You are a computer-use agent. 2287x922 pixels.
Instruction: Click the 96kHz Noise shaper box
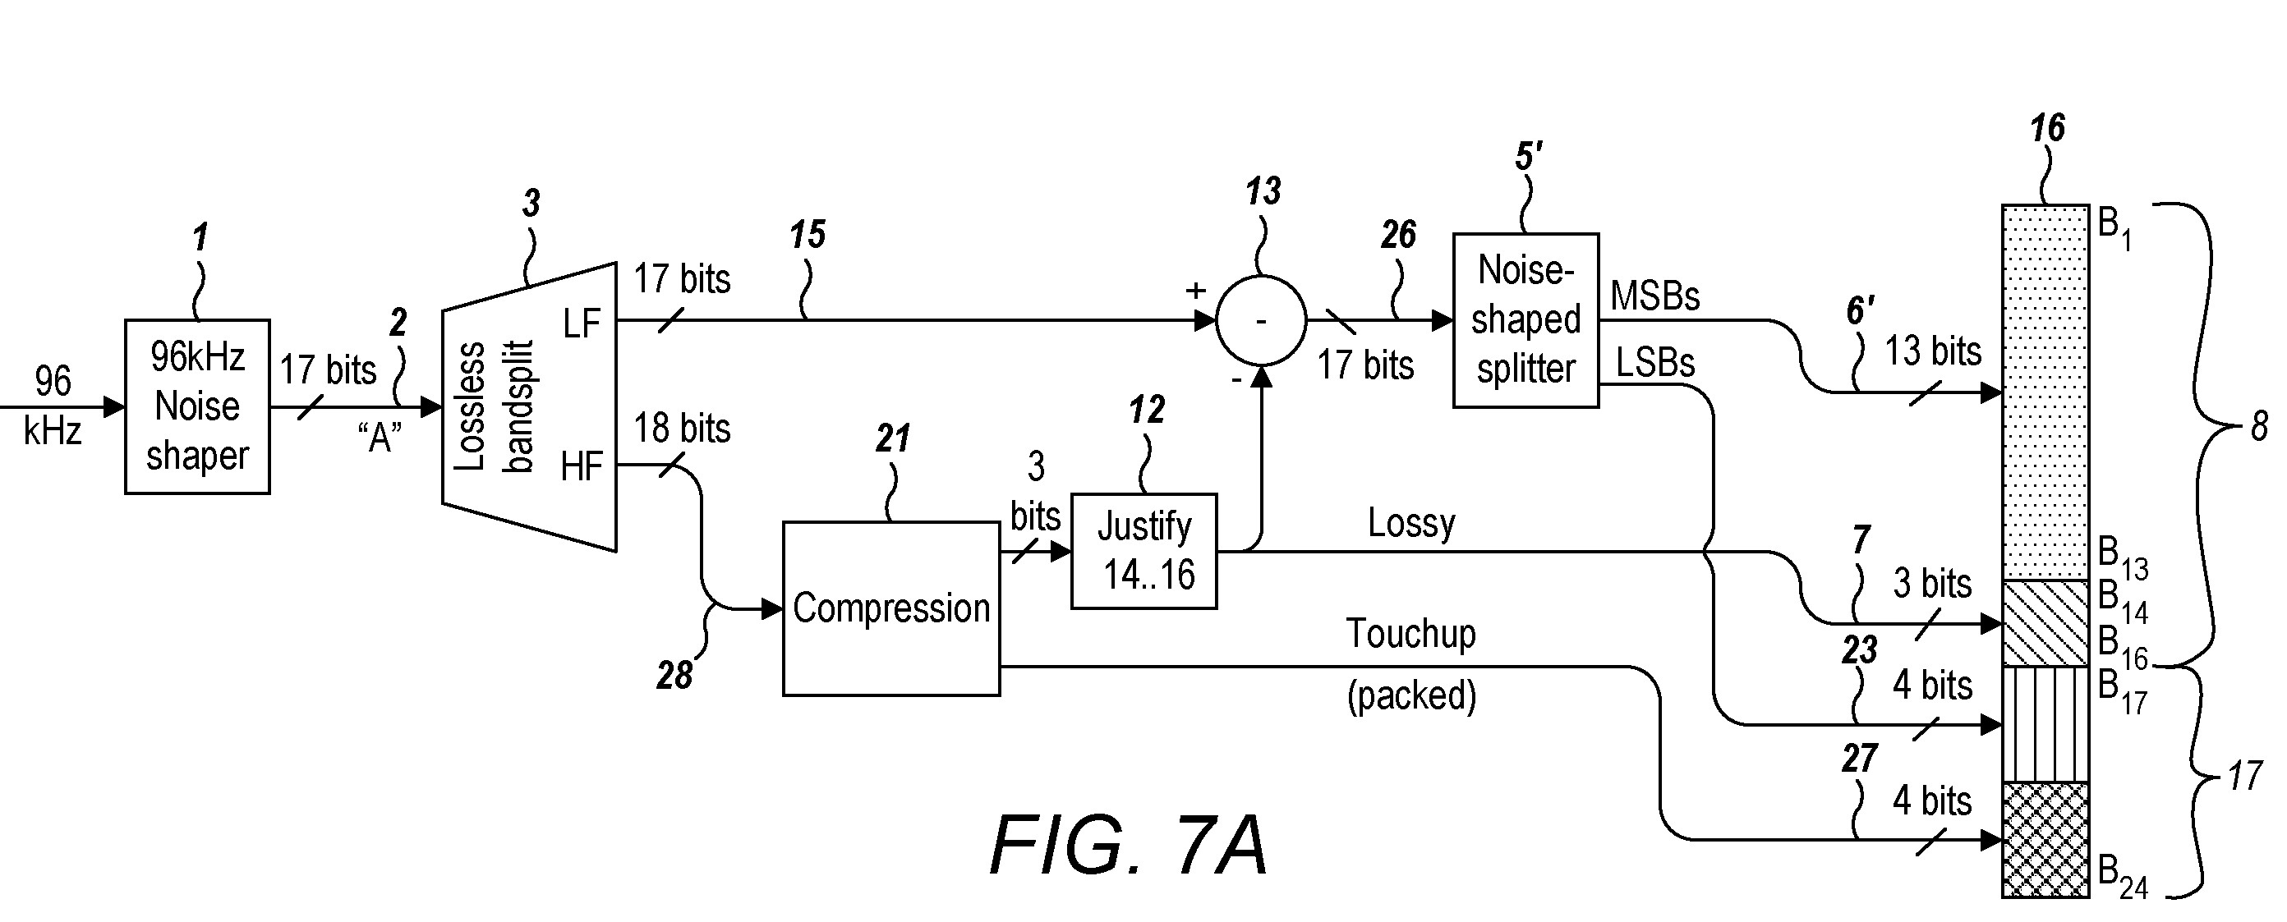pyautogui.click(x=197, y=406)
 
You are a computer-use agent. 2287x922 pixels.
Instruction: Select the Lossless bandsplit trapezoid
pyautogui.click(x=529, y=406)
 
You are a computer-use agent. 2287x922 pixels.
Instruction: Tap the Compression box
pyautogui.click(x=890, y=608)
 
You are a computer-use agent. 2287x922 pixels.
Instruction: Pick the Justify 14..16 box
pyautogui.click(x=1143, y=551)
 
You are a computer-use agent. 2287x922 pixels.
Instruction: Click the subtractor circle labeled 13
pyautogui.click(x=1261, y=320)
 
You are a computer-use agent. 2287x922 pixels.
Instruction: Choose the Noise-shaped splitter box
pyautogui.click(x=1525, y=320)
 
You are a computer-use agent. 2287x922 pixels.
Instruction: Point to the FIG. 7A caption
pyautogui.click(x=1128, y=846)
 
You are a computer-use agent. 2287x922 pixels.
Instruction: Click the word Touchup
pyautogui.click(x=1410, y=634)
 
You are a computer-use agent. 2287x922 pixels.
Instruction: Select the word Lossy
pyautogui.click(x=1410, y=523)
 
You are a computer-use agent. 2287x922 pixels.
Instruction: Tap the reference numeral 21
pyautogui.click(x=892, y=438)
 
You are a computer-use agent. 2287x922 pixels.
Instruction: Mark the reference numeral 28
pyautogui.click(x=674, y=677)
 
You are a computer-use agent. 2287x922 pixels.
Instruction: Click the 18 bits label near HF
pyautogui.click(x=682, y=429)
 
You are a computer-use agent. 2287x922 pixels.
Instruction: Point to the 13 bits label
pyautogui.click(x=1933, y=351)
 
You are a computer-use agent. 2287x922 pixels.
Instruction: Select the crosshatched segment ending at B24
pyautogui.click(x=2045, y=838)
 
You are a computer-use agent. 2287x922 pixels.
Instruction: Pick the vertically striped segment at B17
pyautogui.click(x=2045, y=723)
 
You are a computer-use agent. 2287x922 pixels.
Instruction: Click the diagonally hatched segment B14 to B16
pyautogui.click(x=2045, y=623)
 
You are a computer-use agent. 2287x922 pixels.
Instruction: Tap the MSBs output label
pyautogui.click(x=1655, y=296)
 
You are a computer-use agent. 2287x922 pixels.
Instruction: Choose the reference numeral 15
pyautogui.click(x=807, y=235)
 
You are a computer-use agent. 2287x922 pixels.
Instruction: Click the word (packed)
pyautogui.click(x=1410, y=695)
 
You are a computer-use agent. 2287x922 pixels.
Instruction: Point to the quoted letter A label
pyautogui.click(x=380, y=437)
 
